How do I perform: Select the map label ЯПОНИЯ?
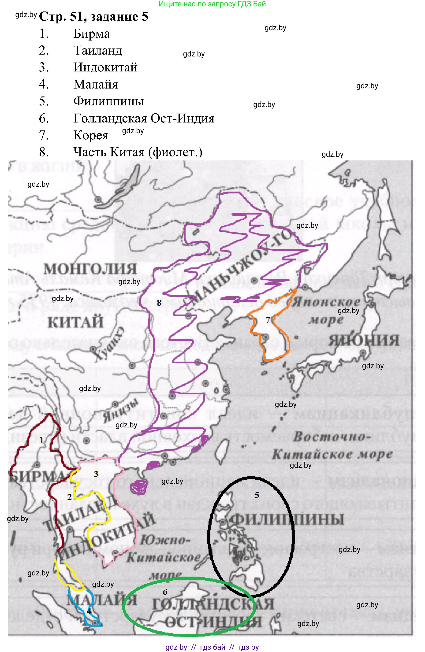[x=364, y=340]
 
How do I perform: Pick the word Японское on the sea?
[x=326, y=302]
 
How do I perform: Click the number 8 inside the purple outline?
[x=159, y=303]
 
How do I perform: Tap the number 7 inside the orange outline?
[x=268, y=319]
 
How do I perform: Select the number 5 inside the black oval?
[x=257, y=495]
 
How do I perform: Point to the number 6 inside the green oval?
[x=165, y=592]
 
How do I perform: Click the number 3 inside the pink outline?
[x=96, y=474]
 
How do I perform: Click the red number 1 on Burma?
[x=41, y=440]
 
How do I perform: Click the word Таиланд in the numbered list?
[x=97, y=50]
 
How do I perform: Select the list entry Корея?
[x=91, y=135]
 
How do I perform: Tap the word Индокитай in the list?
[x=105, y=67]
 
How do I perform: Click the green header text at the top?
[x=212, y=4]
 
